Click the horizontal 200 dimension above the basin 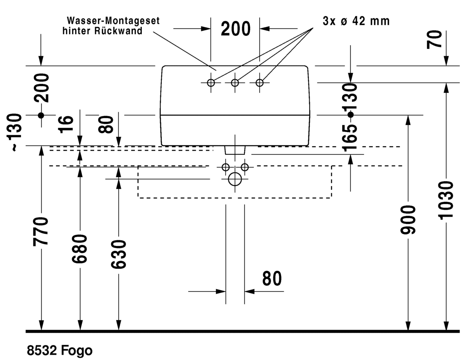coord(235,29)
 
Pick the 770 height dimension coord(41,231)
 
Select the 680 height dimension coord(80,249)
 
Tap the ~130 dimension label coord(15,133)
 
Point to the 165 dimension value coord(351,138)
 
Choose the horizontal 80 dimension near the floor coord(272,279)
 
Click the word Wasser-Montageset coord(113,21)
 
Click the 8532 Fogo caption coord(59,351)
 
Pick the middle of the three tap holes coord(235,83)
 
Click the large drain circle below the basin coord(235,179)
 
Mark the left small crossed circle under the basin coord(226,167)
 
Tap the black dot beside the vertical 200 coord(41,115)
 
